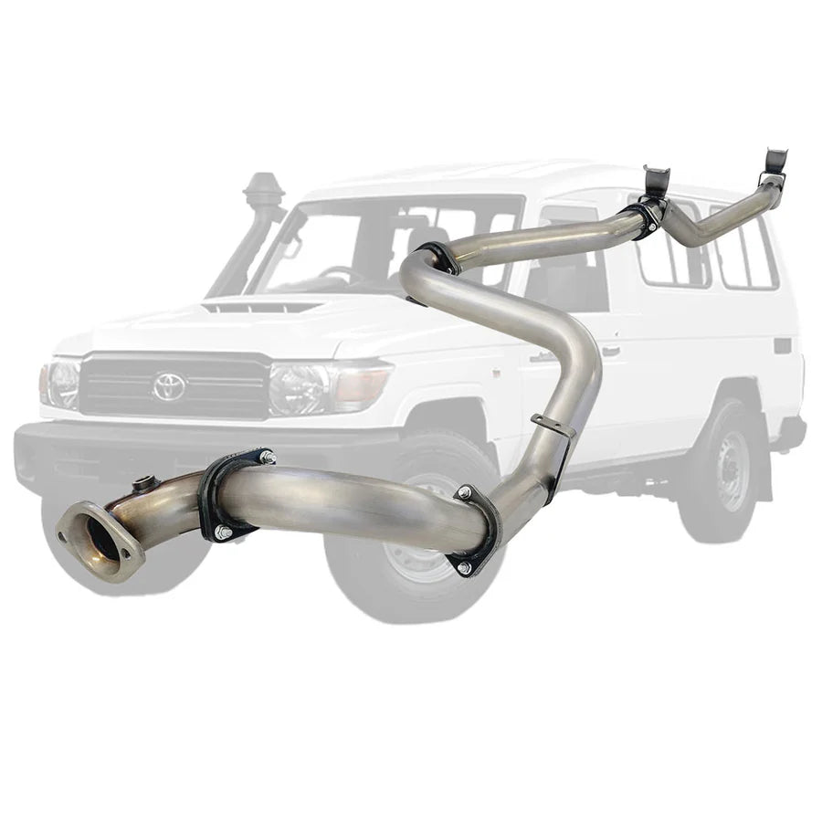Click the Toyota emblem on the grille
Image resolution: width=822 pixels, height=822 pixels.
(169, 386)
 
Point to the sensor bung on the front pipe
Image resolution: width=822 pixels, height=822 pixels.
(142, 483)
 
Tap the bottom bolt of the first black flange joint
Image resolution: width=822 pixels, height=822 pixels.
(222, 532)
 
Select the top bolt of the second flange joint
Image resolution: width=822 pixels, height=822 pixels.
(465, 493)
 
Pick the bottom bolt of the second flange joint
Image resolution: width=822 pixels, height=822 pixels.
(464, 567)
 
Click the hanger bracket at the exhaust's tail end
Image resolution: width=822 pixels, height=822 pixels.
(775, 163)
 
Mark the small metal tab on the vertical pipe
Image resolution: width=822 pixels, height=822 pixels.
(551, 425)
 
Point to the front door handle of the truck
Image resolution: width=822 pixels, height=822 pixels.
(610, 351)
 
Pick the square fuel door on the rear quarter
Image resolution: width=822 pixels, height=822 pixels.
(782, 346)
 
